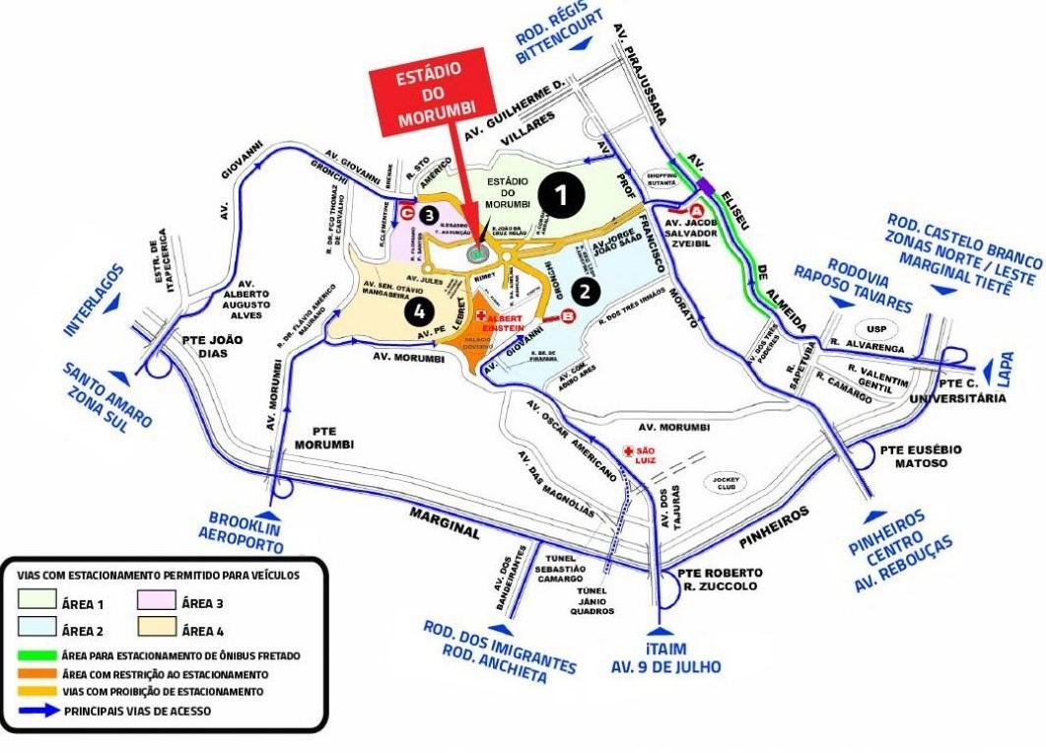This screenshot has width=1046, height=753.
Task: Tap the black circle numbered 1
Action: pyautogui.click(x=561, y=197)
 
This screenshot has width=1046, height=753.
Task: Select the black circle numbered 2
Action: pyautogui.click(x=585, y=291)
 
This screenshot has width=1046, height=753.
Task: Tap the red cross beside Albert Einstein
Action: pyautogui.click(x=481, y=316)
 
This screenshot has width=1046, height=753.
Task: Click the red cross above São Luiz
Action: pyautogui.click(x=629, y=450)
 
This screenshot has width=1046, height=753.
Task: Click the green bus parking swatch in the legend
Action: pyautogui.click(x=37, y=655)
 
